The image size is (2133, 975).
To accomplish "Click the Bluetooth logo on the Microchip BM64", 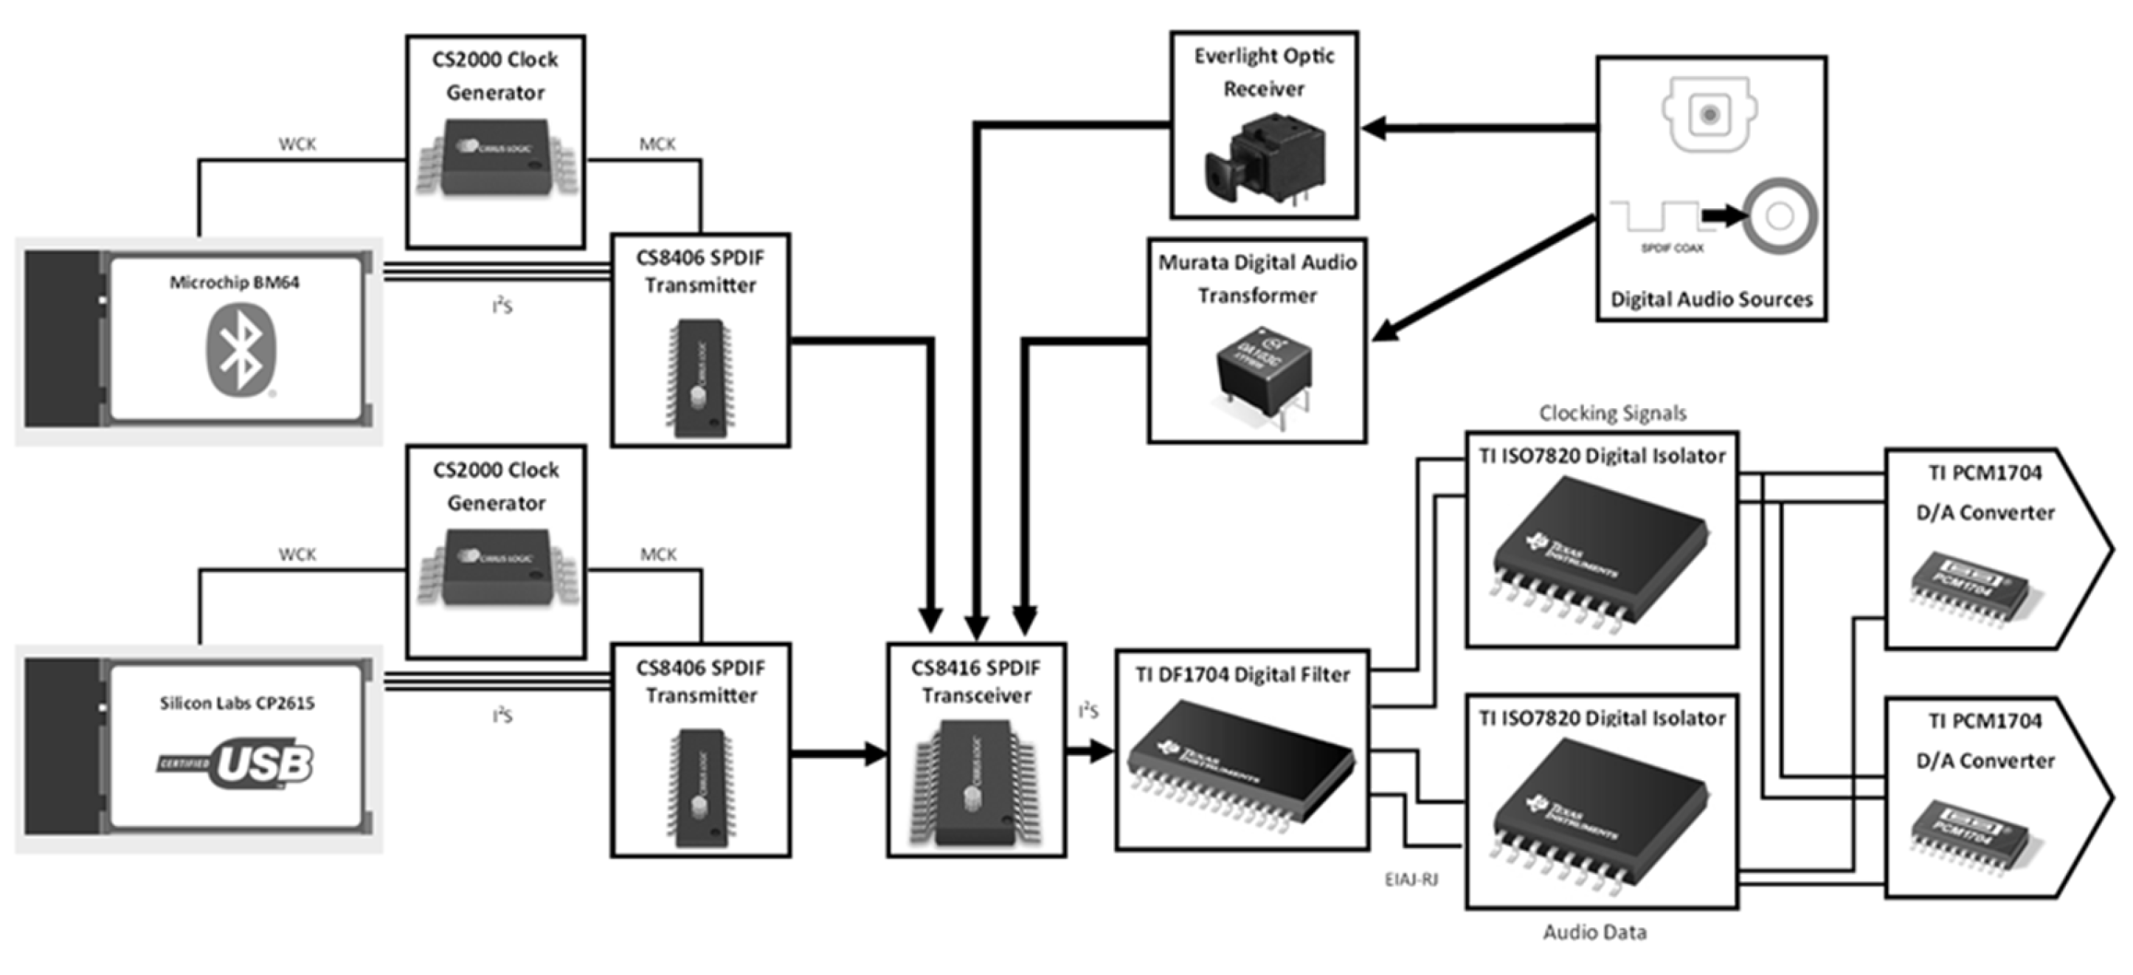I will [x=240, y=350].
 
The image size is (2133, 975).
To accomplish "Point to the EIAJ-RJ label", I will [x=1411, y=879].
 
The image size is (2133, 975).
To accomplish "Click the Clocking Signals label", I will [x=1611, y=413].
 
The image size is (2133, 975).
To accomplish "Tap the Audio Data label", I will [x=1594, y=932].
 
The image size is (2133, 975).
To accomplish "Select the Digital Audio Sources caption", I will [x=1711, y=299].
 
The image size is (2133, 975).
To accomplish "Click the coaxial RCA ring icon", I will [x=1780, y=216].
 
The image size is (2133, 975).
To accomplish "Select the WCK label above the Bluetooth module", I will [x=297, y=144].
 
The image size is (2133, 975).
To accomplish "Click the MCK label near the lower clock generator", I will [x=657, y=554].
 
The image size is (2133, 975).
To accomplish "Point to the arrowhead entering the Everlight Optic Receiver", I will [x=1375, y=128].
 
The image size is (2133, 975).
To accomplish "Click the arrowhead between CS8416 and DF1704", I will [x=1101, y=751].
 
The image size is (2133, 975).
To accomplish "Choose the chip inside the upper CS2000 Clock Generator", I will [x=495, y=157].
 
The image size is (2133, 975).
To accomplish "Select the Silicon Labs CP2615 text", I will [x=237, y=703].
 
